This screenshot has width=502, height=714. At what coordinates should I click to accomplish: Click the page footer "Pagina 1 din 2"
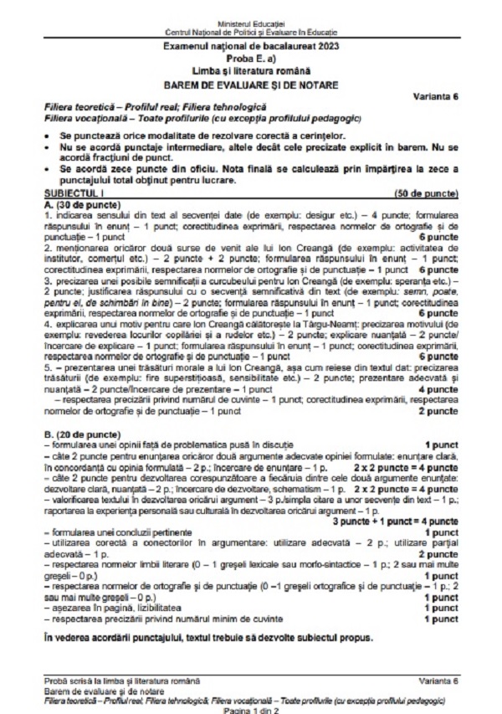pos(251,707)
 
